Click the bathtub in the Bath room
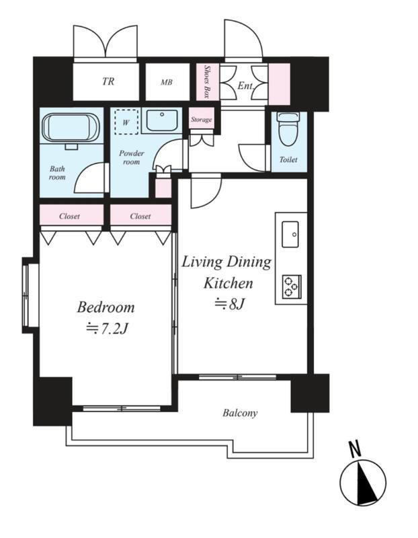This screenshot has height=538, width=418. [71, 127]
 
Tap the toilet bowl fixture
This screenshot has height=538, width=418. [289, 128]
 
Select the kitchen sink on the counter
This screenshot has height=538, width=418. [290, 234]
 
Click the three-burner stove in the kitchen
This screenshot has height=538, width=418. [292, 286]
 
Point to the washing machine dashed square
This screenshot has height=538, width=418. [126, 122]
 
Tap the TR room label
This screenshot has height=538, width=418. [108, 81]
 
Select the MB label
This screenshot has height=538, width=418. [167, 82]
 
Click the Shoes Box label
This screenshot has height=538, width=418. [207, 81]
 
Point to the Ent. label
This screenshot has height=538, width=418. [245, 85]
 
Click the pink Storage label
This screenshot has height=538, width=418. [202, 120]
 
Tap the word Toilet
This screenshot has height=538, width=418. [288, 159]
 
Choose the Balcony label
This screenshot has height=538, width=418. [240, 413]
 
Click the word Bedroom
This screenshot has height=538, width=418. [106, 307]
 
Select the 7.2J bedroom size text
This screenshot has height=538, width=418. [107, 329]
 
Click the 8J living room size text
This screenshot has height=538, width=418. [229, 304]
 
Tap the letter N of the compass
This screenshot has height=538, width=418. [356, 449]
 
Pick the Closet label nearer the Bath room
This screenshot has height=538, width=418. [69, 216]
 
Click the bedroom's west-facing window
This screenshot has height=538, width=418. [26, 295]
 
